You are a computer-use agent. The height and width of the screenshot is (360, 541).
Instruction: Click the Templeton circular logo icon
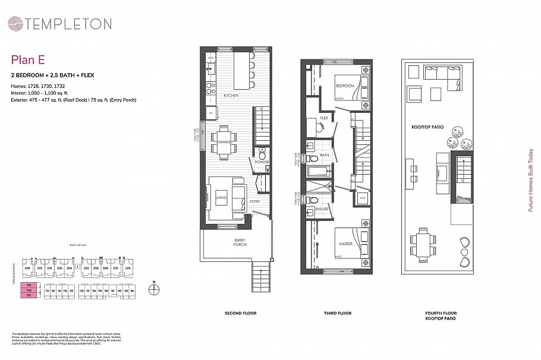point(15,24)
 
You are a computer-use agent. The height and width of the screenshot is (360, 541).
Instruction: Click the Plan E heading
point(28,59)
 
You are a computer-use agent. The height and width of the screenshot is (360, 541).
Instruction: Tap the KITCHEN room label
point(231,96)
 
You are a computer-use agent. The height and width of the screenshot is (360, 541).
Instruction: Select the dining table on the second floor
point(224,143)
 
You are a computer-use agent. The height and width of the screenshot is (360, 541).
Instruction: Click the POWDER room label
point(262,162)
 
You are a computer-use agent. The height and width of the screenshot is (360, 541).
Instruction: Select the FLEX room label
point(324,118)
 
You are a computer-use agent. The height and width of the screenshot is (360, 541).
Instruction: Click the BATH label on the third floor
point(325,156)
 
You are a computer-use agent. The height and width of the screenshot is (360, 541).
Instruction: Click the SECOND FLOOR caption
point(240,313)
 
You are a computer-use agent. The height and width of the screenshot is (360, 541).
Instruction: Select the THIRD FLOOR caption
point(336,313)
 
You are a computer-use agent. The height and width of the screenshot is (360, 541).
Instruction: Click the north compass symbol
point(155,289)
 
